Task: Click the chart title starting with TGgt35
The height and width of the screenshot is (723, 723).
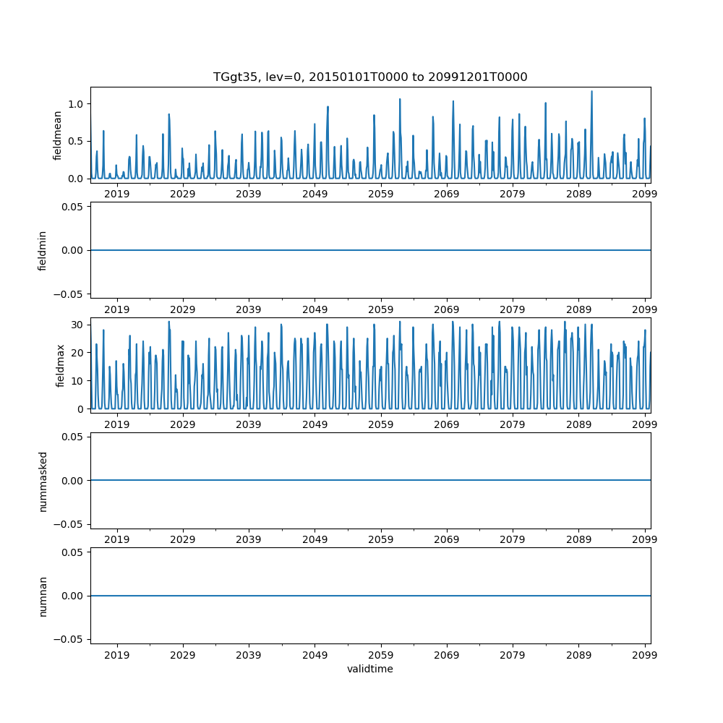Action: tap(369, 77)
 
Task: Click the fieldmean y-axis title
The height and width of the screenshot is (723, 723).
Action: tap(57, 135)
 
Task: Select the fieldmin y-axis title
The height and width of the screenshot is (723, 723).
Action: tap(43, 250)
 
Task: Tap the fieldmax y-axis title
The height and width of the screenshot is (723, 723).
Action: tap(61, 365)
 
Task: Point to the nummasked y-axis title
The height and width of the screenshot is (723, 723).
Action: tap(43, 480)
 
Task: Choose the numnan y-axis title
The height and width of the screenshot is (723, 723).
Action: tap(43, 595)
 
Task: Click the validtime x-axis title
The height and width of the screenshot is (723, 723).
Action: tap(369, 669)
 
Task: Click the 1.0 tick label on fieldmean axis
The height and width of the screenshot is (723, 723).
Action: tap(76, 103)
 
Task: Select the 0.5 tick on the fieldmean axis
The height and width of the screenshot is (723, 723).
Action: tap(76, 141)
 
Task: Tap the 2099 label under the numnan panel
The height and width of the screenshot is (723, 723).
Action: tap(644, 654)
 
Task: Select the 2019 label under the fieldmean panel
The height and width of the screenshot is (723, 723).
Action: tap(117, 193)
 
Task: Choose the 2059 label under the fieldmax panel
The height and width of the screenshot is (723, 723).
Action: tap(380, 423)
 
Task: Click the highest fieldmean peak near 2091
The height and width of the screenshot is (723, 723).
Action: tap(591, 92)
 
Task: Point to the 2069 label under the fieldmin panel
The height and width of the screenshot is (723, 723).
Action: tap(446, 308)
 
